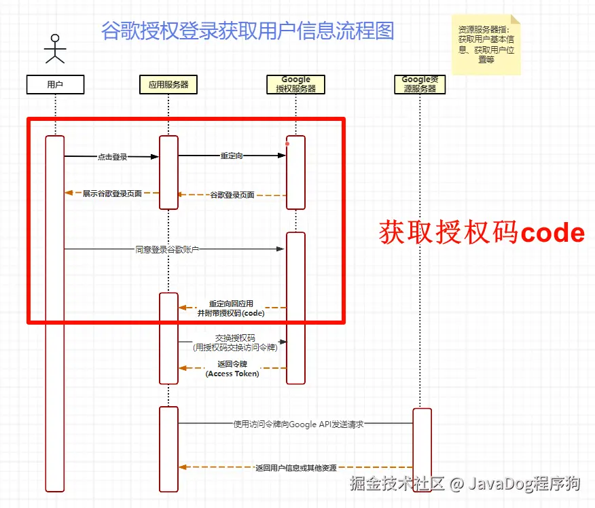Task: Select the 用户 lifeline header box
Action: point(55,84)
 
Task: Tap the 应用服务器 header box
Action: point(168,84)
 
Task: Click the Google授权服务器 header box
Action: point(295,84)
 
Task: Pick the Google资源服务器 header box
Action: point(420,84)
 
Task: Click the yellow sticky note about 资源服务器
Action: point(486,43)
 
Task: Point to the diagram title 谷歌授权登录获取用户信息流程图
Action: point(247,31)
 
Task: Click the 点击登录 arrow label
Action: point(112,157)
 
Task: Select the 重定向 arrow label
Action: point(232,156)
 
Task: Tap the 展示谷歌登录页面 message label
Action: point(112,194)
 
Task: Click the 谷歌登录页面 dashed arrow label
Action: point(232,195)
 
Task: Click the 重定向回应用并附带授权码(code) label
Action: point(231,308)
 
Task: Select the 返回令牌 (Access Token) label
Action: point(232,369)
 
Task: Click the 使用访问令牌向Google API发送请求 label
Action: point(298,424)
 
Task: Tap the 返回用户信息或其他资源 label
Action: point(295,467)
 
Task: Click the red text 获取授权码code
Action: point(482,232)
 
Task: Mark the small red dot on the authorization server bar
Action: point(287,143)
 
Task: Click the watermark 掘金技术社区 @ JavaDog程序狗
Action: point(465,484)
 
